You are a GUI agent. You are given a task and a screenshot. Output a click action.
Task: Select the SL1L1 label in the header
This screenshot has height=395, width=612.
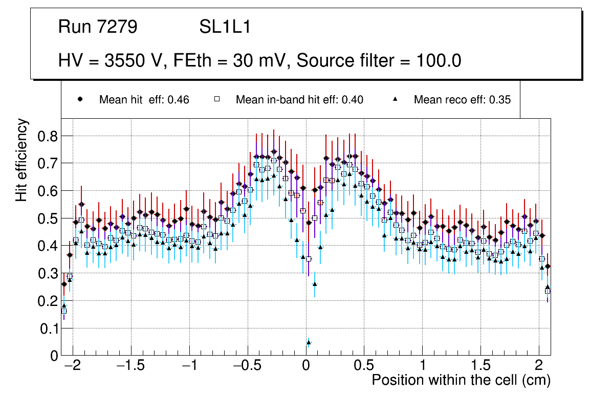click(225, 27)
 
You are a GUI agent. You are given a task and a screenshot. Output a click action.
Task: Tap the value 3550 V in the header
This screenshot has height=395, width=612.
click(134, 61)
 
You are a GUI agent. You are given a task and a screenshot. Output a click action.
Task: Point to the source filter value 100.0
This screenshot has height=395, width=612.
click(436, 61)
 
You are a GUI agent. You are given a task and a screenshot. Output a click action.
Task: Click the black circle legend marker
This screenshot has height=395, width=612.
click(80, 99)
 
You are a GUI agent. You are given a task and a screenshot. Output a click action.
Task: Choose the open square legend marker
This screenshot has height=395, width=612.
click(216, 99)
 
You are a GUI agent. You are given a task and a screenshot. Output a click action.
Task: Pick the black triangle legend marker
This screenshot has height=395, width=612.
click(395, 99)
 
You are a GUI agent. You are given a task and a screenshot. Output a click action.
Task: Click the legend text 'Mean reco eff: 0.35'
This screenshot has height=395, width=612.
click(462, 100)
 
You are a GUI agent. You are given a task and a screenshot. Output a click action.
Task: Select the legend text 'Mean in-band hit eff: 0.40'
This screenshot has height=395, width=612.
click(299, 100)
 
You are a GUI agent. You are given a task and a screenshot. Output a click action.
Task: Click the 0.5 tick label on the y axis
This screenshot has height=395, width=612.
click(48, 218)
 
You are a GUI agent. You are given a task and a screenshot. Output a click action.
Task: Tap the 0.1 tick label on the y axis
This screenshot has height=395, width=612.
click(48, 328)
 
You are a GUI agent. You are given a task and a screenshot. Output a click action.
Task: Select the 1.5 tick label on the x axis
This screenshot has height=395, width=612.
click(480, 366)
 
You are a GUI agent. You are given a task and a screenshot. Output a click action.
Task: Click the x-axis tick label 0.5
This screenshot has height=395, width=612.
click(364, 366)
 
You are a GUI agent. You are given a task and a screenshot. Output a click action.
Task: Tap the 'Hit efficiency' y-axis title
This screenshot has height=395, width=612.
click(22, 160)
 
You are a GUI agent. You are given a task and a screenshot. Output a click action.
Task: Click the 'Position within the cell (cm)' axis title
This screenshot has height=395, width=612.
click(461, 381)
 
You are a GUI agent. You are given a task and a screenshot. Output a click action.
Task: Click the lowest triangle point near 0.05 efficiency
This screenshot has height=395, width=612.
click(309, 342)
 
